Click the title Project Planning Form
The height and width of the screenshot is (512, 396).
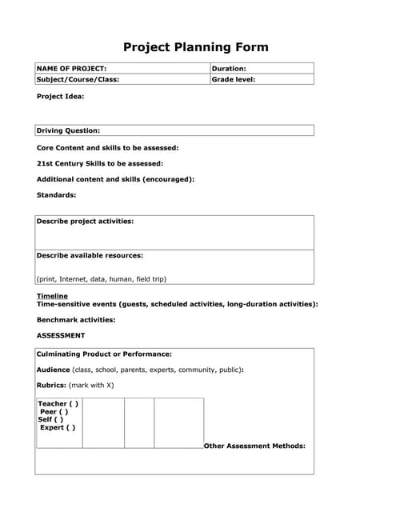point(196,47)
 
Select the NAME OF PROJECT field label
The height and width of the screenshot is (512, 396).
point(72,69)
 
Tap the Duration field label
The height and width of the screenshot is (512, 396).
point(229,69)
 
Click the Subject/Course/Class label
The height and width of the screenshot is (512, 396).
point(78,80)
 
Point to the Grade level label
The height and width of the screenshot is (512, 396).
point(233,80)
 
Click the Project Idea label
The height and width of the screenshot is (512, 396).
point(61,97)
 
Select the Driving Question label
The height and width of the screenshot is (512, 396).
point(69,130)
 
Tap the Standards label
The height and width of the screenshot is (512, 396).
point(57,194)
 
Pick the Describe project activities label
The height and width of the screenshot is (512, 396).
point(86,221)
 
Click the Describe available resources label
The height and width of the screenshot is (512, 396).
point(90,255)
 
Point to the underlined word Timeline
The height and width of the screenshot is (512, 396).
point(53,296)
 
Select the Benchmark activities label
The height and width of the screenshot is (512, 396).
point(76,319)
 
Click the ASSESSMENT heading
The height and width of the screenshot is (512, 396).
point(61,335)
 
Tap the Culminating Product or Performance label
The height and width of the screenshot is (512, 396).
point(105,354)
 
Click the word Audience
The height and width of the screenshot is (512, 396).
point(54,370)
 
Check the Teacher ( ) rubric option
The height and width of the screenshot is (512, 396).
point(58,404)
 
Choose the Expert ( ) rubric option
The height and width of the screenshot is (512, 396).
point(58,427)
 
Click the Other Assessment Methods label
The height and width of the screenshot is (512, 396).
point(254,446)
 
